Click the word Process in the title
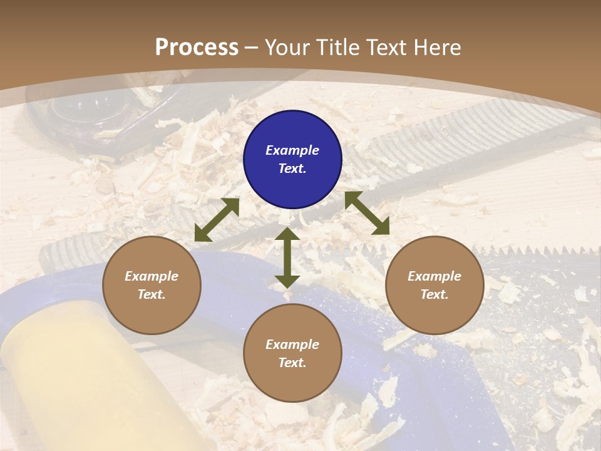pyautogui.click(x=197, y=48)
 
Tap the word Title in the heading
pyautogui.click(x=338, y=48)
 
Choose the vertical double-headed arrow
pyautogui.click(x=287, y=257)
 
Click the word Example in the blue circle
pyautogui.click(x=292, y=150)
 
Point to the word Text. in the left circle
pyautogui.click(x=152, y=294)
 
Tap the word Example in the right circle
pyautogui.click(x=434, y=276)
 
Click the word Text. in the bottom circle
pyautogui.click(x=292, y=363)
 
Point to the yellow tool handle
pyautogui.click(x=75, y=376)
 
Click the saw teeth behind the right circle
pyautogui.click(x=532, y=251)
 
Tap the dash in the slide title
pyautogui.click(x=252, y=48)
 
